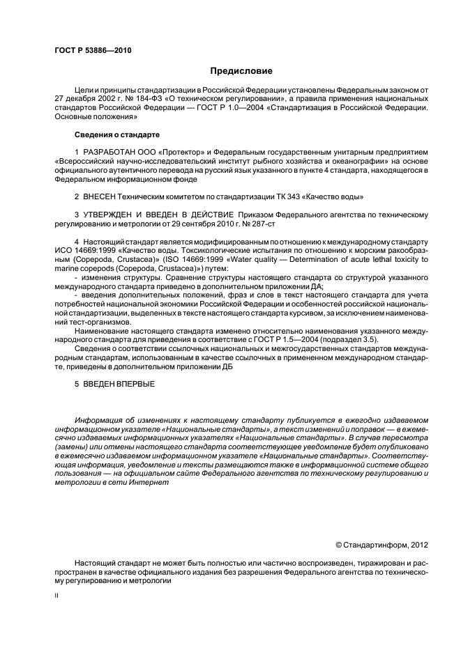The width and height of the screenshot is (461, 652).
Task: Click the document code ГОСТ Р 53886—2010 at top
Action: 92,51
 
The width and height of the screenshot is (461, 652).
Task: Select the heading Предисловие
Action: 241,71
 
